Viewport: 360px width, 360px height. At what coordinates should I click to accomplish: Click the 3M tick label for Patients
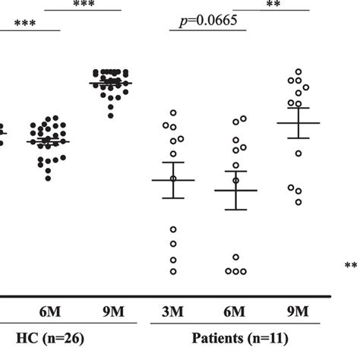pyautogui.click(x=174, y=311)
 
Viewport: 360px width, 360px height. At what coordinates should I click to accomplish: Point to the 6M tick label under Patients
pyautogui.click(x=235, y=311)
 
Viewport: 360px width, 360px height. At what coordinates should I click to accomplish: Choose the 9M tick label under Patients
pyautogui.click(x=298, y=311)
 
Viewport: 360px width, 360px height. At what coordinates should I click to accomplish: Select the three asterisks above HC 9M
pyautogui.click(x=84, y=4)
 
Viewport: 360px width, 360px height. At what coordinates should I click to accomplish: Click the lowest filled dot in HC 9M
pyautogui.click(x=111, y=115)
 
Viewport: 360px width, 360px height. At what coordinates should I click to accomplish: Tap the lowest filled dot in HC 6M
pyautogui.click(x=49, y=178)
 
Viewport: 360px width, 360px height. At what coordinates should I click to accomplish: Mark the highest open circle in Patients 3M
pyautogui.click(x=173, y=112)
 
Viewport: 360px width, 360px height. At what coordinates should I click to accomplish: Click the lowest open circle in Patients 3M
pyautogui.click(x=173, y=271)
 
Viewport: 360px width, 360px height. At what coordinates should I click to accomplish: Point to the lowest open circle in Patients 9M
pyautogui.click(x=298, y=202)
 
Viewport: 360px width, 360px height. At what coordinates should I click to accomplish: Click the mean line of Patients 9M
pyautogui.click(x=298, y=122)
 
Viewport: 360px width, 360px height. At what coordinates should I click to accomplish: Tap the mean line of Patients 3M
pyautogui.click(x=173, y=180)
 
